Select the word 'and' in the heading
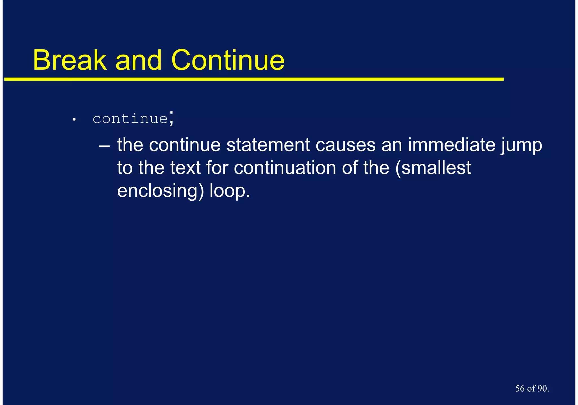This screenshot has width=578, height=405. click(139, 60)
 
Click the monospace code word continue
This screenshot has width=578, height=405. click(130, 119)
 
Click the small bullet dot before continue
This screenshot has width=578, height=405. click(74, 120)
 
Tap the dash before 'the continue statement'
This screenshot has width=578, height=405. click(104, 146)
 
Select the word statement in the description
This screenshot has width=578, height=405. click(268, 145)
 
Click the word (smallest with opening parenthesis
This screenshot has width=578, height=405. click(433, 168)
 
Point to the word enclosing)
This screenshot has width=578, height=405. click(160, 191)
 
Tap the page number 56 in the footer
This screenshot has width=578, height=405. click(520, 389)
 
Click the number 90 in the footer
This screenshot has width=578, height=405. click(542, 389)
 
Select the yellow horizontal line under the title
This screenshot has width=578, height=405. click(254, 79)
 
